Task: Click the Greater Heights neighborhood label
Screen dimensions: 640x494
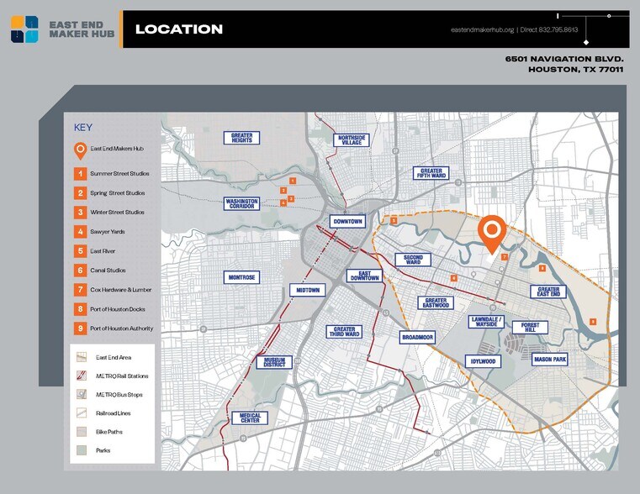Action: (242, 138)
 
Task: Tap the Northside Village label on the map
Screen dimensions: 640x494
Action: (352, 139)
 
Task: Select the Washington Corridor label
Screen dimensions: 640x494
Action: (241, 203)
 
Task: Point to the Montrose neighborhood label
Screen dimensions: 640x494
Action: (241, 276)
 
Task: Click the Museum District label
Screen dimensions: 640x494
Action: (273, 362)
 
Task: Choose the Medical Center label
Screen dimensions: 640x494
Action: (250, 418)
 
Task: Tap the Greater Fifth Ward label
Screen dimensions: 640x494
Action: (431, 173)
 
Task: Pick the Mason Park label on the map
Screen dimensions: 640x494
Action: (550, 360)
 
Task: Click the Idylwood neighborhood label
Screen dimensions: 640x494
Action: (483, 361)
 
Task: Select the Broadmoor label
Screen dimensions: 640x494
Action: (417, 337)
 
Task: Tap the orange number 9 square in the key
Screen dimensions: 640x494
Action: (80, 328)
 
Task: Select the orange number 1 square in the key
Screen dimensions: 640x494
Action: (80, 173)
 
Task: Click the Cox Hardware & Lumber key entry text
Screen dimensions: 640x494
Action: (121, 290)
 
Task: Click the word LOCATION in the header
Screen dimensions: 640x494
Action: (179, 29)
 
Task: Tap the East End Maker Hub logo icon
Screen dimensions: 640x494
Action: (24, 29)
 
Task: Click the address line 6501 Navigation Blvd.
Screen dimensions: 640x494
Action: (563, 59)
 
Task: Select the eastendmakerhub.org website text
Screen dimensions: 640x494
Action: (482, 30)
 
